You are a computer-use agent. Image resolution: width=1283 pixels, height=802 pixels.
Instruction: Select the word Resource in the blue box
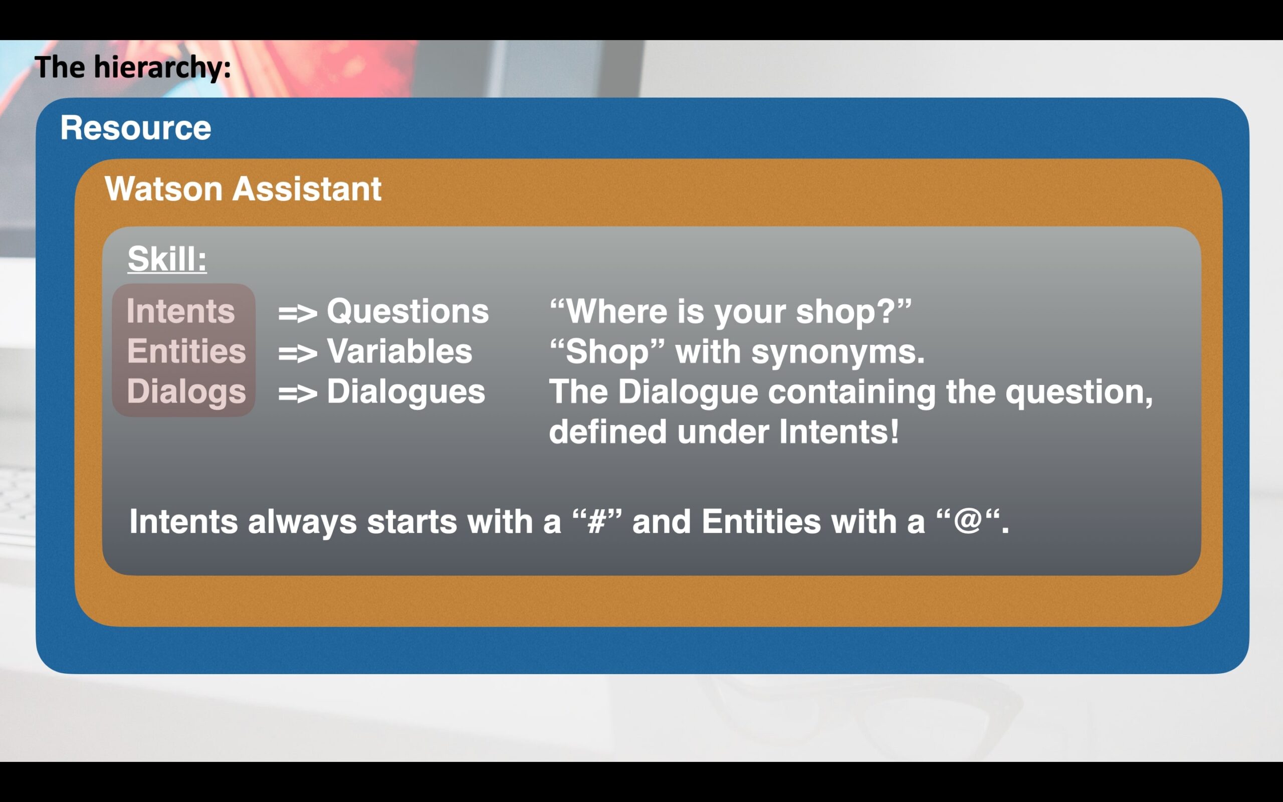(x=136, y=128)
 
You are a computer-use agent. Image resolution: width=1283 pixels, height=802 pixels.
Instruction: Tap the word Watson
(x=164, y=189)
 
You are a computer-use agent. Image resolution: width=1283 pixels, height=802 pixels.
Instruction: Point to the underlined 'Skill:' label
(x=167, y=259)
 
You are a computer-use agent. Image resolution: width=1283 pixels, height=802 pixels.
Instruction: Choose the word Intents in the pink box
(x=180, y=311)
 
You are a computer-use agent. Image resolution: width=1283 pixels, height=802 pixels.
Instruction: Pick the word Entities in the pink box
(x=186, y=351)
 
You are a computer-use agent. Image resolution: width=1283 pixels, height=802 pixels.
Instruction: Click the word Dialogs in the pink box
(x=186, y=392)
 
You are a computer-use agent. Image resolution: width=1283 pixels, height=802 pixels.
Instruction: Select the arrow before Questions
(x=297, y=313)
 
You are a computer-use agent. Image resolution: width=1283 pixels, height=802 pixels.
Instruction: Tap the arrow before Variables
(x=297, y=353)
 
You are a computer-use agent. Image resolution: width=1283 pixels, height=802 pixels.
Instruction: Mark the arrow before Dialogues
(x=297, y=393)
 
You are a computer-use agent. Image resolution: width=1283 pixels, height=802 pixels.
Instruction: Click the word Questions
(x=407, y=311)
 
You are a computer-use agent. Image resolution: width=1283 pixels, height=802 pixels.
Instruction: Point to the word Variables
(x=399, y=351)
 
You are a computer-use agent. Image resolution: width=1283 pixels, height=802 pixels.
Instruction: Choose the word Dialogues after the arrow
(x=405, y=392)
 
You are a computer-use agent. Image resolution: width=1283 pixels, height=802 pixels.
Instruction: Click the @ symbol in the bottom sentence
(x=968, y=521)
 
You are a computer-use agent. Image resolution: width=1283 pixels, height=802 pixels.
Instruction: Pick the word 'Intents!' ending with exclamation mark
(x=839, y=432)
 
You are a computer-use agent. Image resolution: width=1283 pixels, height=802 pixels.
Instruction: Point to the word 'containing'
(x=852, y=392)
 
